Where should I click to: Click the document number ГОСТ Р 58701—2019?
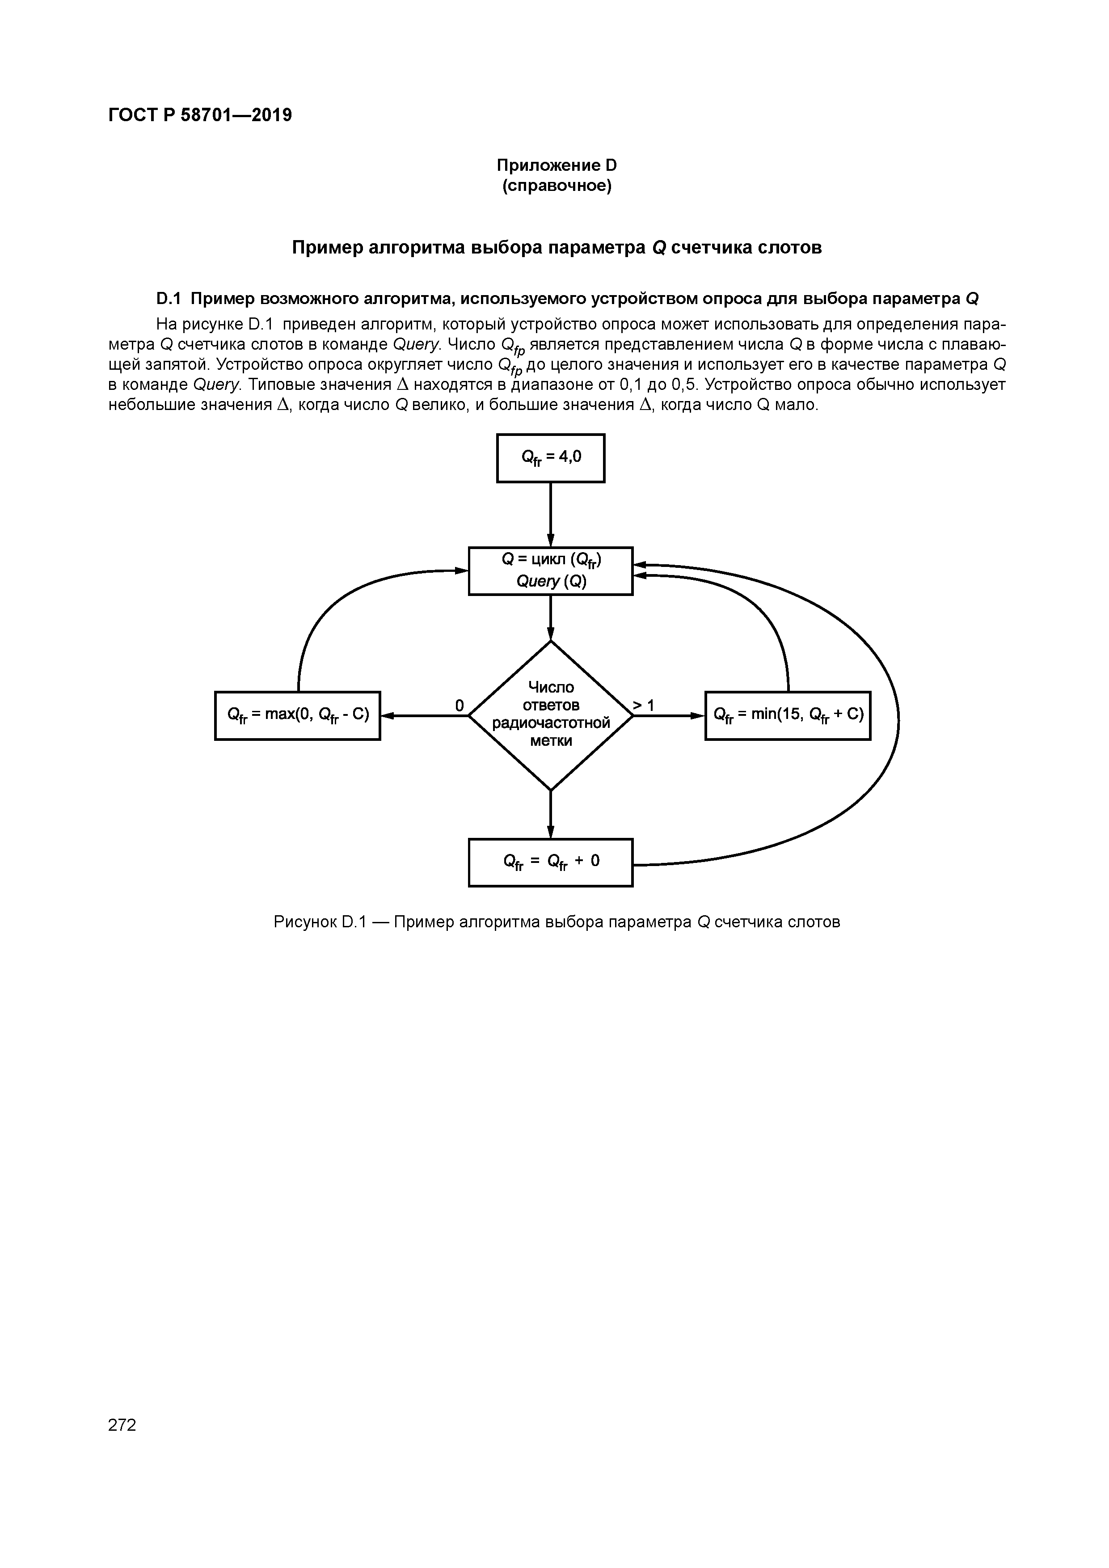200,115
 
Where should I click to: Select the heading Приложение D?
556,165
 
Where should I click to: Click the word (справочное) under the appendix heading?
557,186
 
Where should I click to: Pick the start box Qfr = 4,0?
550,457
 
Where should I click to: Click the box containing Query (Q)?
550,571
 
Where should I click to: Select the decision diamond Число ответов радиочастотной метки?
550,715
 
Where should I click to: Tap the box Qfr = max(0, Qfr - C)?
297,715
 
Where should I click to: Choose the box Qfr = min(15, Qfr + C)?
787,715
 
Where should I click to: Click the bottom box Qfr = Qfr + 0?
550,862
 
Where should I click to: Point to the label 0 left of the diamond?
459,705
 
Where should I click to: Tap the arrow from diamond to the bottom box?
550,813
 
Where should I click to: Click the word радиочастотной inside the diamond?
550,723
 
